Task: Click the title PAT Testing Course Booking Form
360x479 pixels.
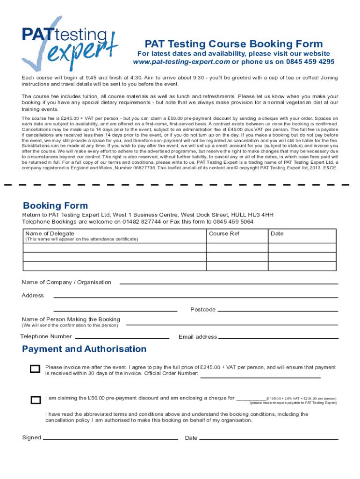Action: coord(233,44)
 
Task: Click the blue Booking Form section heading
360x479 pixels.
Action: coord(55,205)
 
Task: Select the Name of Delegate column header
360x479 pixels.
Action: coord(50,233)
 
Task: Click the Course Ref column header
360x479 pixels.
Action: coord(224,233)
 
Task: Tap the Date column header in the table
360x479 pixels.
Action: coord(277,233)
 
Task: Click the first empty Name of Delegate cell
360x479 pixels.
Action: coord(115,248)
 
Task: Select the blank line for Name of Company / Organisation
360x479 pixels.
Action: coord(229,283)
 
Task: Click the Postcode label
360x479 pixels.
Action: coord(203,310)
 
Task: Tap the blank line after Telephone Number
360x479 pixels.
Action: coord(122,337)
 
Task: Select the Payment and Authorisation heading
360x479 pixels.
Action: coord(84,349)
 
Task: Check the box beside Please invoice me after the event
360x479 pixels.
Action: coord(35,369)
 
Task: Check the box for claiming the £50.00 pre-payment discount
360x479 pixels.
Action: coord(35,400)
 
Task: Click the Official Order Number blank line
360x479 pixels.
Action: coord(260,377)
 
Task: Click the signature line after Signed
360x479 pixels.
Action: coord(110,439)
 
